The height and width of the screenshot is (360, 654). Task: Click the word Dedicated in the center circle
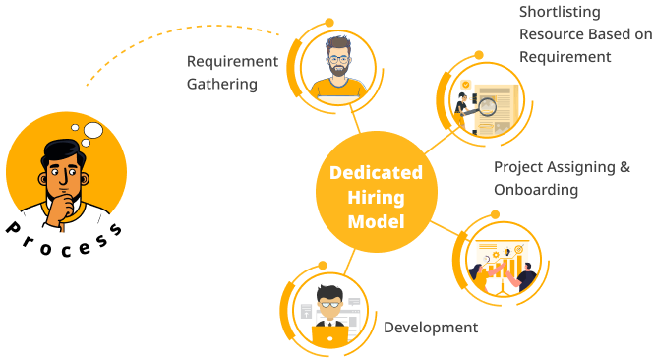376,172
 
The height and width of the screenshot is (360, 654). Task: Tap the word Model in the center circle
376,221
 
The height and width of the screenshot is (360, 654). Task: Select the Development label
431,328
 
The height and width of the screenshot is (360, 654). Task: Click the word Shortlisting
559,12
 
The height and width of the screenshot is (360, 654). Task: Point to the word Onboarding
536,189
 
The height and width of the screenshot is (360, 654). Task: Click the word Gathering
222,85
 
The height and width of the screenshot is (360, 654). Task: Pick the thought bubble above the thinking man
92,129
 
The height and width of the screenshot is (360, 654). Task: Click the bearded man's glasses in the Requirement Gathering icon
337,58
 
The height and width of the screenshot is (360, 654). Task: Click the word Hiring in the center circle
376,197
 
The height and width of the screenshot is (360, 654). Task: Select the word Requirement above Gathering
233,61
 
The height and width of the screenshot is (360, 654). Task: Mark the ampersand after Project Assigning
624,166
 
